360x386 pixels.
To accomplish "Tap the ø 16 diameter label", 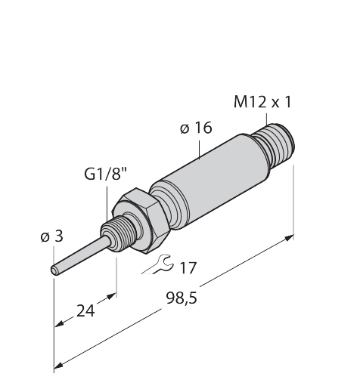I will click(x=195, y=128).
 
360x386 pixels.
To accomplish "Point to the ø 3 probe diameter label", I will click(x=51, y=237).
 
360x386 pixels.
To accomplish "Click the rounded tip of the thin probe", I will click(x=55, y=268).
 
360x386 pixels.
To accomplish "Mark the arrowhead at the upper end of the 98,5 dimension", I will click(x=290, y=239).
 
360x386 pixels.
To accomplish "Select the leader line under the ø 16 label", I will click(x=198, y=146).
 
